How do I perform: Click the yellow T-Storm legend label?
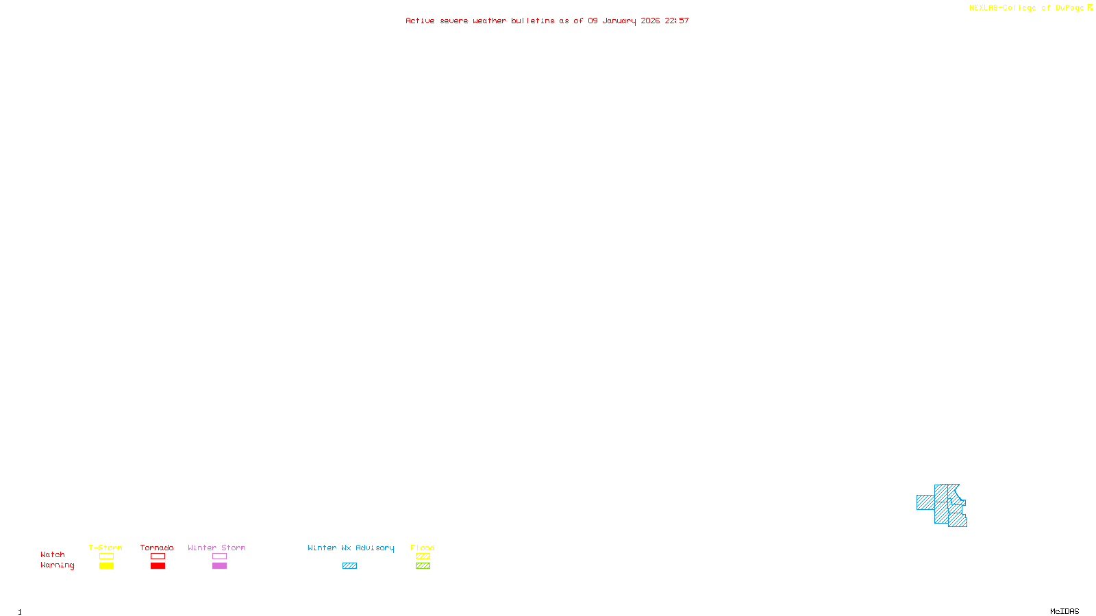tap(105, 548)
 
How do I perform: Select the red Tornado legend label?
tap(157, 548)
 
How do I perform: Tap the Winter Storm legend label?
tap(216, 548)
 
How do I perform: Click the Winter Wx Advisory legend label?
tap(351, 548)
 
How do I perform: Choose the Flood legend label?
tap(423, 548)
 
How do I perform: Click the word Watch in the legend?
tap(53, 554)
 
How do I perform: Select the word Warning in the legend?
tap(57, 565)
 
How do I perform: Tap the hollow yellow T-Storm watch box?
tap(106, 556)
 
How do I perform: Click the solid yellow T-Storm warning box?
tap(106, 566)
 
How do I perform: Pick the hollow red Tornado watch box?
tap(158, 556)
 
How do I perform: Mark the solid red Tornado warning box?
tap(158, 566)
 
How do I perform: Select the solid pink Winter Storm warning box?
tap(219, 566)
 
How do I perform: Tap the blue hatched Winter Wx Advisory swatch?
tap(349, 566)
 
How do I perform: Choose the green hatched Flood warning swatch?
tap(423, 566)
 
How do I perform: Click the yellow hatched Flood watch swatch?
tap(423, 556)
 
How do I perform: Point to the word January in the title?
tap(619, 21)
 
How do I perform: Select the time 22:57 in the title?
tap(677, 21)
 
